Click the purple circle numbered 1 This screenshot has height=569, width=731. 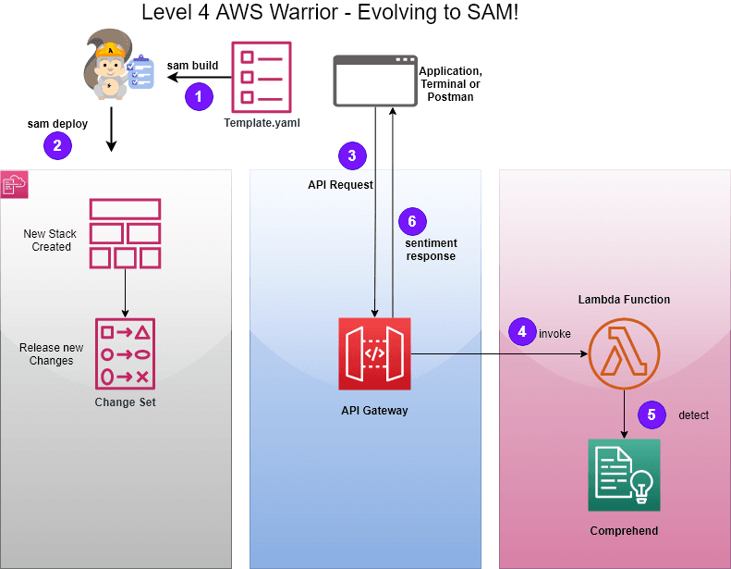point(199,96)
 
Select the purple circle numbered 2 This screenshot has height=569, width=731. point(57,144)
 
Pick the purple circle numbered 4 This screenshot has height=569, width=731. point(522,331)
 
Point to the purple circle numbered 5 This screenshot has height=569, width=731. point(652,414)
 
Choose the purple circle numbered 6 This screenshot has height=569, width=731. point(412,221)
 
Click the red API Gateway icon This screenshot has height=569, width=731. point(374,353)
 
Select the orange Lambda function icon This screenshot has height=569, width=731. point(624,353)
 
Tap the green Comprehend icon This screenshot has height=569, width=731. point(624,475)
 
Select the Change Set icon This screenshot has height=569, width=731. point(125,353)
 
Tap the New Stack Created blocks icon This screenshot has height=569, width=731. point(125,232)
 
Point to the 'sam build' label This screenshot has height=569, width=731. point(192,66)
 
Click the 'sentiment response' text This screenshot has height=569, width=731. point(431,250)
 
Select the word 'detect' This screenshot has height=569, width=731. point(693,415)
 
